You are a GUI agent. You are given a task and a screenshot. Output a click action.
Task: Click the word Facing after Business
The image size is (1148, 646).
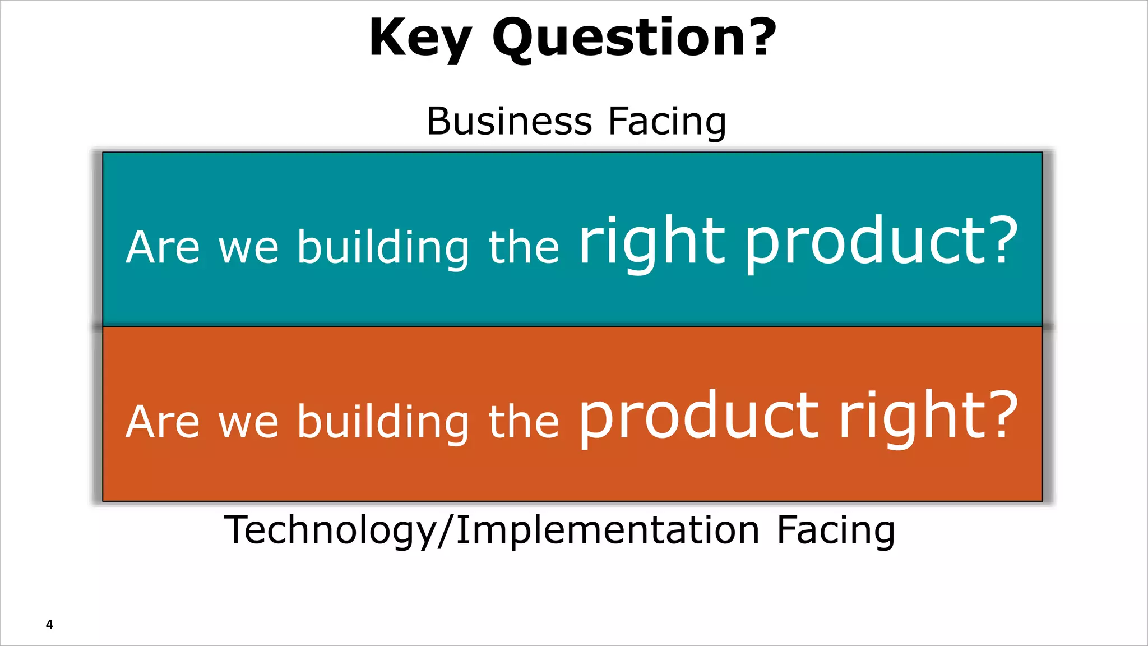coord(668,122)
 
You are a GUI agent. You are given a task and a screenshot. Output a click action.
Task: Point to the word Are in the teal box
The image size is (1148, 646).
coord(163,247)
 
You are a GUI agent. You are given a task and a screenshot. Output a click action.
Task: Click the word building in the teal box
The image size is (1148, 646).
coord(383,247)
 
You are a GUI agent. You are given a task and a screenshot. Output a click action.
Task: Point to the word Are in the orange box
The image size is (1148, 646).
coord(163,422)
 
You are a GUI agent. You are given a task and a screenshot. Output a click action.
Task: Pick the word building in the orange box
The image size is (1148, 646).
coord(383,422)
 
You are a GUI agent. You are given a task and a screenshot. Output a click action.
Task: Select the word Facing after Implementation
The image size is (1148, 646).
coord(836,530)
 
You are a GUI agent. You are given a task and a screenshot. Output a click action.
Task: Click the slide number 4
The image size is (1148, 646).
coord(49,625)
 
